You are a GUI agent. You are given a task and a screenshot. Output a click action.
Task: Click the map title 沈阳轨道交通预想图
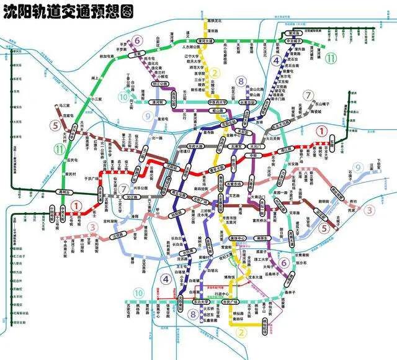68,11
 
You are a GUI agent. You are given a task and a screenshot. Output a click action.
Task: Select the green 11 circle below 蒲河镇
333,58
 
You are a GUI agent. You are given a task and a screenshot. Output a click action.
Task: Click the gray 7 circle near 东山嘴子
308,96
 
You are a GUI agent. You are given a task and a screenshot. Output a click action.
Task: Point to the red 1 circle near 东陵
321,131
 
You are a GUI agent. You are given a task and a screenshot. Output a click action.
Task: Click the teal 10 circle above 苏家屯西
138,293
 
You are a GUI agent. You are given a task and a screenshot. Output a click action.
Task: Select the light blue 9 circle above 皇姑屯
147,115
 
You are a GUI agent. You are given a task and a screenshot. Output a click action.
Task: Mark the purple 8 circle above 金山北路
242,81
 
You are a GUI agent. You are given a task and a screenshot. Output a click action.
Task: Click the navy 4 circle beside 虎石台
276,60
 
